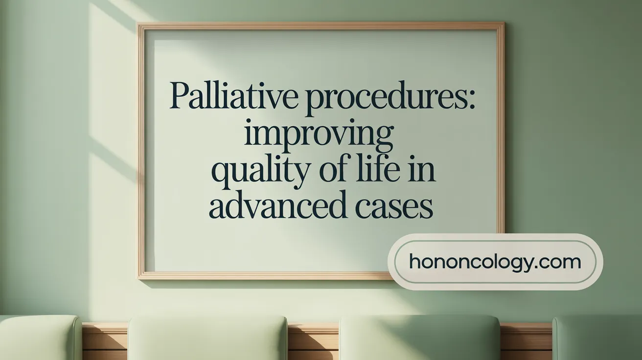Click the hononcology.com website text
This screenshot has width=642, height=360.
[495, 262]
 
